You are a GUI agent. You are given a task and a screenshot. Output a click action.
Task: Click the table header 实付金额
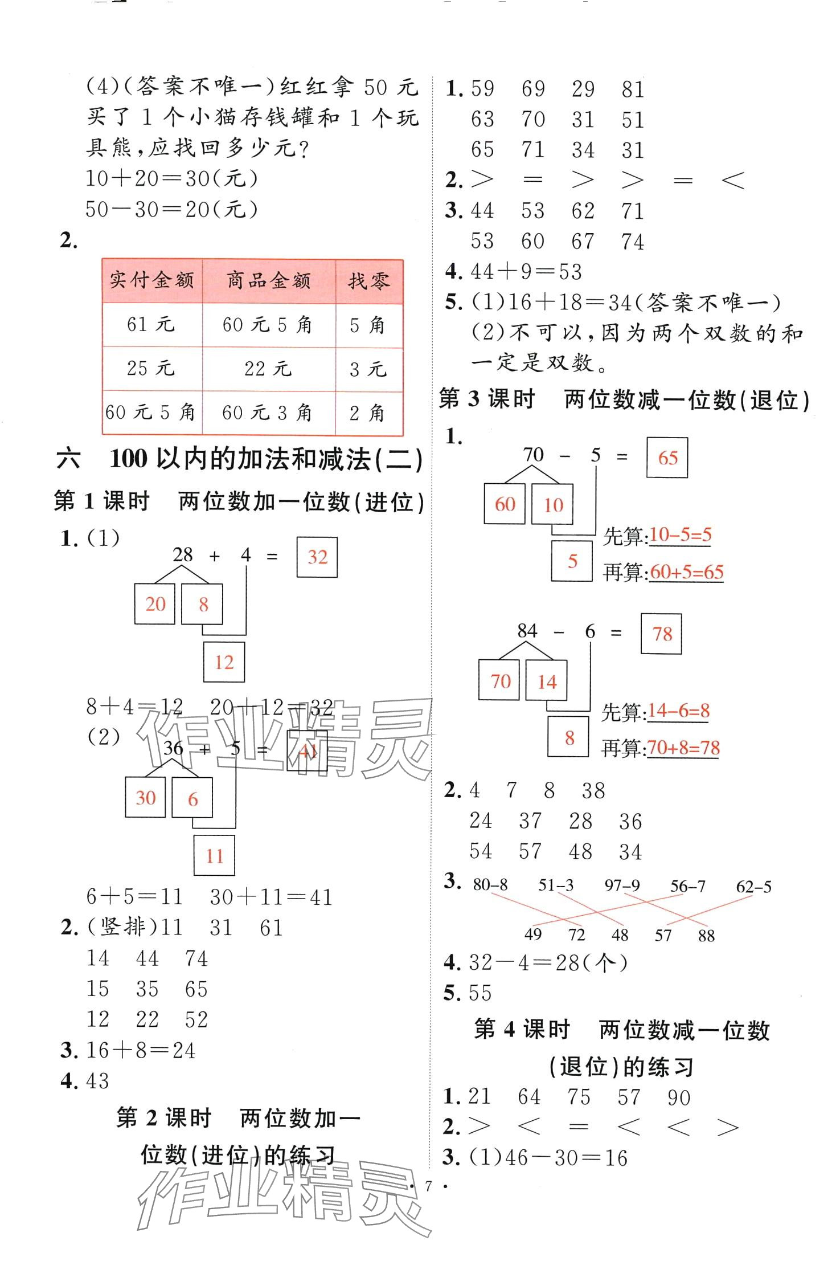coord(152,280)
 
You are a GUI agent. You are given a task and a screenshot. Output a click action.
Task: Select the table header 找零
coord(369,281)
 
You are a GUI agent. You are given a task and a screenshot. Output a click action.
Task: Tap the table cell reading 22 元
coord(268,369)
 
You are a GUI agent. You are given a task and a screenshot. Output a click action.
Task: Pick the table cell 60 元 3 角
coord(267,413)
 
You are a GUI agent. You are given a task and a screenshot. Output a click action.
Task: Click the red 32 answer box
coord(317,557)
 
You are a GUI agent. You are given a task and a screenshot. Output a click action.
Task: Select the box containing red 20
coord(155,604)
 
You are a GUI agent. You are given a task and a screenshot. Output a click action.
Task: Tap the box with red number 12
coord(224,662)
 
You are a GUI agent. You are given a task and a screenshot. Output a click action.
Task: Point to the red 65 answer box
coord(667,458)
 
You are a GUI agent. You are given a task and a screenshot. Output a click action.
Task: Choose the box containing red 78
coord(662,634)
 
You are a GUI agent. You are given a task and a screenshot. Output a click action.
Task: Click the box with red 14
coord(546,681)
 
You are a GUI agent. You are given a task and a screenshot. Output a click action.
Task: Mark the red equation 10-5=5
coord(680,534)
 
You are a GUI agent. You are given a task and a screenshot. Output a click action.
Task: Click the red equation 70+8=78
coord(683,747)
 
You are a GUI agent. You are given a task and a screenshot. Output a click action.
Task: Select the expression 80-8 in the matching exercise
coord(490,884)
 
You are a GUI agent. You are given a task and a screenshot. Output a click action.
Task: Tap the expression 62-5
coord(753,886)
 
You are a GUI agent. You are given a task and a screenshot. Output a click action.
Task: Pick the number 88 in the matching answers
coord(706,935)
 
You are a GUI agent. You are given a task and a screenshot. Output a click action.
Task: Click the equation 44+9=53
coord(526,272)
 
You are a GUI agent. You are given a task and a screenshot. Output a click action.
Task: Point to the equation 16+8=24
coord(141,1050)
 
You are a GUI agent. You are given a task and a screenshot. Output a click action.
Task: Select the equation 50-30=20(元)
coord(171,209)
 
